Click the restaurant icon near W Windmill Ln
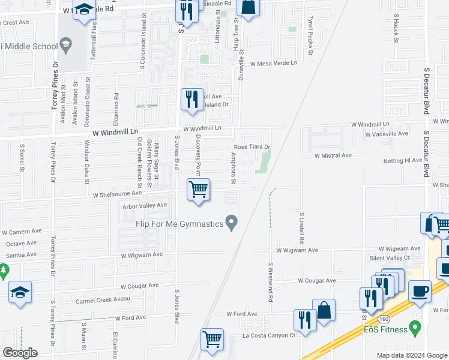pos(191,99)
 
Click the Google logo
pos(20,353)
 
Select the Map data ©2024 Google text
pos(412,355)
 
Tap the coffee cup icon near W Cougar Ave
pos(420,291)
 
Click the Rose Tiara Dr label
pos(253,147)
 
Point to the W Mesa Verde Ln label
pos(274,63)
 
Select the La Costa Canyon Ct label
pos(268,335)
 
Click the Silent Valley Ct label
pos(390,258)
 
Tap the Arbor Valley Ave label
pos(144,206)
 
